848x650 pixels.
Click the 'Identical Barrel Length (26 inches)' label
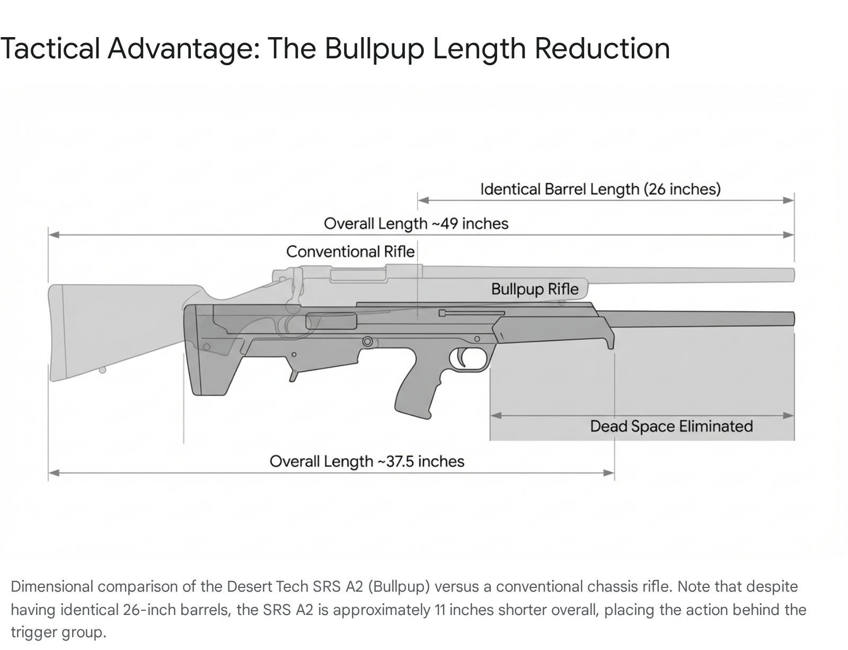(600, 189)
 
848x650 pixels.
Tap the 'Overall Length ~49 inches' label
(416, 223)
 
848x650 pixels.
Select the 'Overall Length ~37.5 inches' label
(367, 461)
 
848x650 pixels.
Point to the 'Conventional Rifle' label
(350, 251)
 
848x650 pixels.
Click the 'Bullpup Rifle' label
(534, 289)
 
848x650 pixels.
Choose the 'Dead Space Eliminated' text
(671, 426)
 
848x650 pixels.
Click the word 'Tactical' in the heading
(50, 48)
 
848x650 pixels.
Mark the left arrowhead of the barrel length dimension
(422, 200)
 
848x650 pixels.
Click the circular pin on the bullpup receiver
(367, 341)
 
